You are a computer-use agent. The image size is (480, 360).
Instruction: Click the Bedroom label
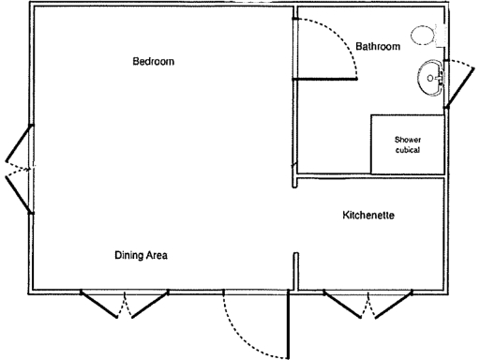154,62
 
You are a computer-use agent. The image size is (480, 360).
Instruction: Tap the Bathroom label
379,46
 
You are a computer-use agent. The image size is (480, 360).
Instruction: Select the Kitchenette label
368,216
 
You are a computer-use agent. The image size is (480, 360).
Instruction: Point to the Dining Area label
141,255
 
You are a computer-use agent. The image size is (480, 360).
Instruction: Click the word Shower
407,139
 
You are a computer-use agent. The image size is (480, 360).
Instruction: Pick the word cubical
407,150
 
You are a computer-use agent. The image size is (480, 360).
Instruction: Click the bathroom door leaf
326,80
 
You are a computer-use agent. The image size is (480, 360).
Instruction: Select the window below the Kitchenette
369,305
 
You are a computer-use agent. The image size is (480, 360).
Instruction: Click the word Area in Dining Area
156,255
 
